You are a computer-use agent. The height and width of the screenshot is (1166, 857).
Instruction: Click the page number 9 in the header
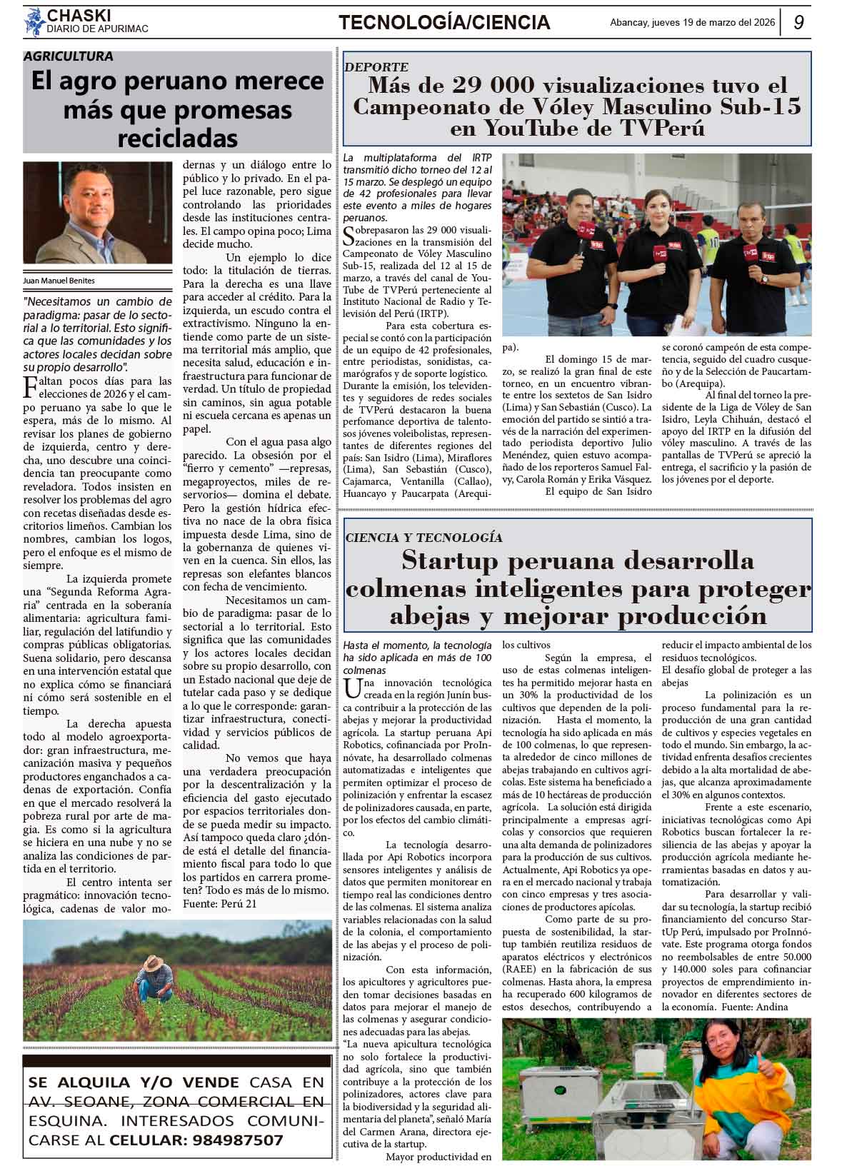798,22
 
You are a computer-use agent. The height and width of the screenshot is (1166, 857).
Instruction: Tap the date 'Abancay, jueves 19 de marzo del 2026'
692,22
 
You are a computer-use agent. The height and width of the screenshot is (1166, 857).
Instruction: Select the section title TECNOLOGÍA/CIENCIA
444,23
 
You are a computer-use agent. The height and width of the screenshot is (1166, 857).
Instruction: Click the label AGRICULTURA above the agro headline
69,56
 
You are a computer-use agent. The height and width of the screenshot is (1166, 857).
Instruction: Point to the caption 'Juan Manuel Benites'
59,281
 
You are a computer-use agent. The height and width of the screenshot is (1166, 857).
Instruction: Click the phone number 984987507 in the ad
238,1140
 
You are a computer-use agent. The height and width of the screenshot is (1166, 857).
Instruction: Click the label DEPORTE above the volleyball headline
376,66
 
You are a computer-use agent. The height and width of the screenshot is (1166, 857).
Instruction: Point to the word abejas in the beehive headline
431,615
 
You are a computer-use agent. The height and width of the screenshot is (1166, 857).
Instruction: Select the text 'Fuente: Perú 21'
220,904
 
